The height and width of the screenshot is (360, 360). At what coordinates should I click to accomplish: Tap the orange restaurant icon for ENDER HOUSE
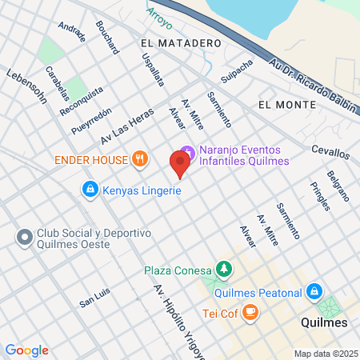140,158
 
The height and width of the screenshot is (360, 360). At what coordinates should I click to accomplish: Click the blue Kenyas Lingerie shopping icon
90,190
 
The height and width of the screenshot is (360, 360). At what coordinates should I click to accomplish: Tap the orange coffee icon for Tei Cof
250,311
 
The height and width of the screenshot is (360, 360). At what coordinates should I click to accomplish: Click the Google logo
26,350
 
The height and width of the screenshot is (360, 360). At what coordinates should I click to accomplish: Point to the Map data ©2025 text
324,353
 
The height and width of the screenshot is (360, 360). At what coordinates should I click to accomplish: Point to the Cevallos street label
330,153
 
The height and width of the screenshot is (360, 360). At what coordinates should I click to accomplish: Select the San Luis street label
94,302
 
